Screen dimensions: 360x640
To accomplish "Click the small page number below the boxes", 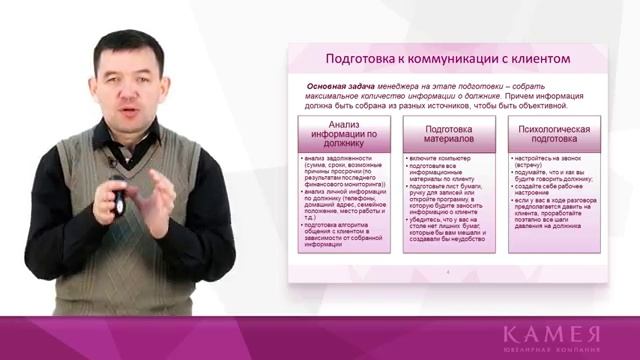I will pyautogui.click(x=449, y=271).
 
